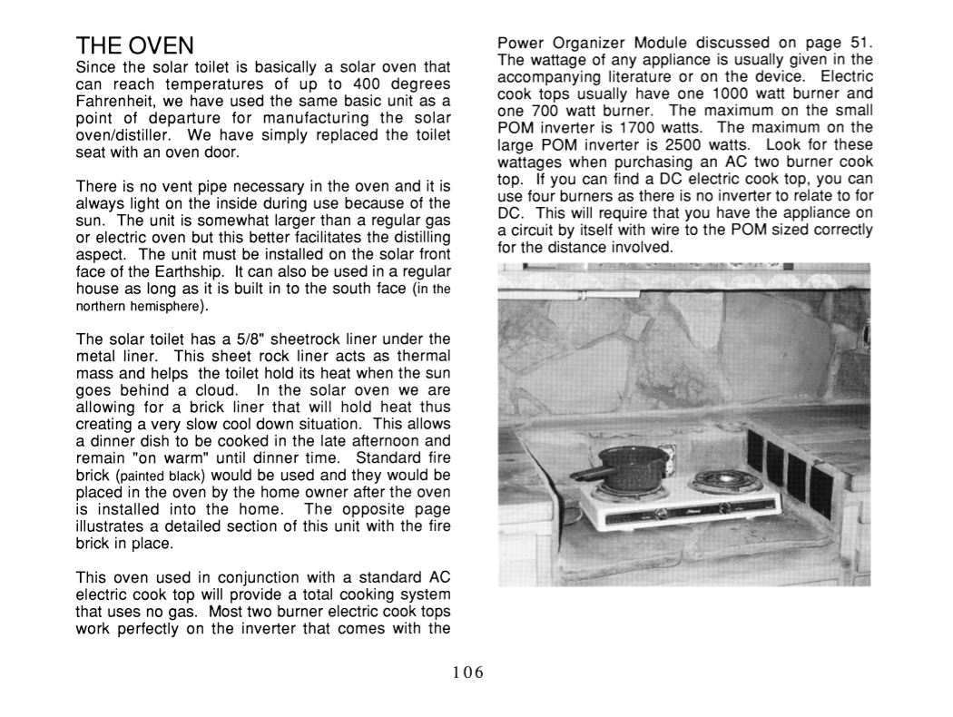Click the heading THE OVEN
click(x=135, y=46)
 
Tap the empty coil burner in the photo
click(x=724, y=482)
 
